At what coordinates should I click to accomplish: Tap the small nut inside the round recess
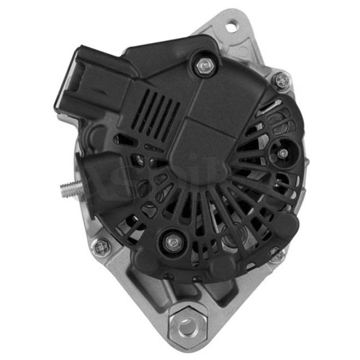pyautogui.click(x=282, y=153)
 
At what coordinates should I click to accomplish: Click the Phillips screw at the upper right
pyautogui.click(x=283, y=81)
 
